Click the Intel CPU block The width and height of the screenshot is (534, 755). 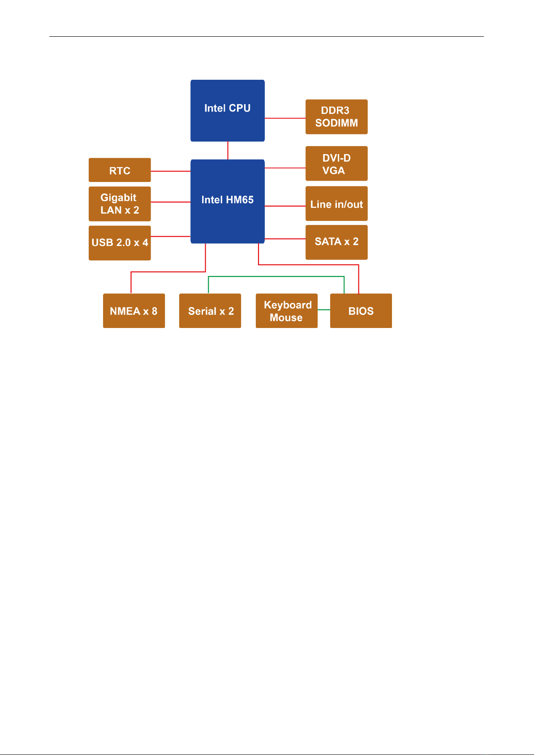point(227,111)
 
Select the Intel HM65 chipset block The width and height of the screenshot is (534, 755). point(227,201)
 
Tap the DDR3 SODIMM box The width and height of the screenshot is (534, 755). point(336,117)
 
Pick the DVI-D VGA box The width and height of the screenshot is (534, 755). point(336,164)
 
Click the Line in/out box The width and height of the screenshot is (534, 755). point(336,204)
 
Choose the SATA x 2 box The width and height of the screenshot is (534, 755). point(336,242)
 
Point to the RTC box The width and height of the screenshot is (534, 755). point(120,170)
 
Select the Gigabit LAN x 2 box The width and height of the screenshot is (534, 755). point(120,204)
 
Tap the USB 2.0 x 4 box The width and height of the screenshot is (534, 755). point(120,243)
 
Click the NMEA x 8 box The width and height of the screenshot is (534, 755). point(134,311)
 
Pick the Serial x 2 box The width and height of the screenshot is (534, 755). point(210,311)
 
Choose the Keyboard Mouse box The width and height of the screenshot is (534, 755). point(287,311)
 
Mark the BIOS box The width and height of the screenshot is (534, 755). point(361,311)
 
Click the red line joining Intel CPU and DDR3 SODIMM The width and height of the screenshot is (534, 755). point(285,118)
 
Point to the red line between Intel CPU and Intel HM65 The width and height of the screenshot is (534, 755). point(228,151)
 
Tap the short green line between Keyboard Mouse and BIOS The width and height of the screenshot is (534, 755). point(324,310)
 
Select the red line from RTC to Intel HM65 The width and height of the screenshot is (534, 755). point(171,171)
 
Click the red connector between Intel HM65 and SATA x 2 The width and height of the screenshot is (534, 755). point(285,239)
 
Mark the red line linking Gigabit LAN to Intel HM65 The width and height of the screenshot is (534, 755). point(171,202)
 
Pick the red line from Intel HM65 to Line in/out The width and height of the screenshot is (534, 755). point(285,206)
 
